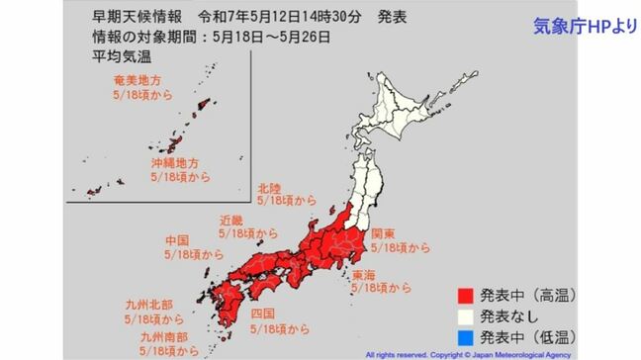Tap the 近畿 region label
coord(230,219)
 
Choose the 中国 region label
coord(178,239)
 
